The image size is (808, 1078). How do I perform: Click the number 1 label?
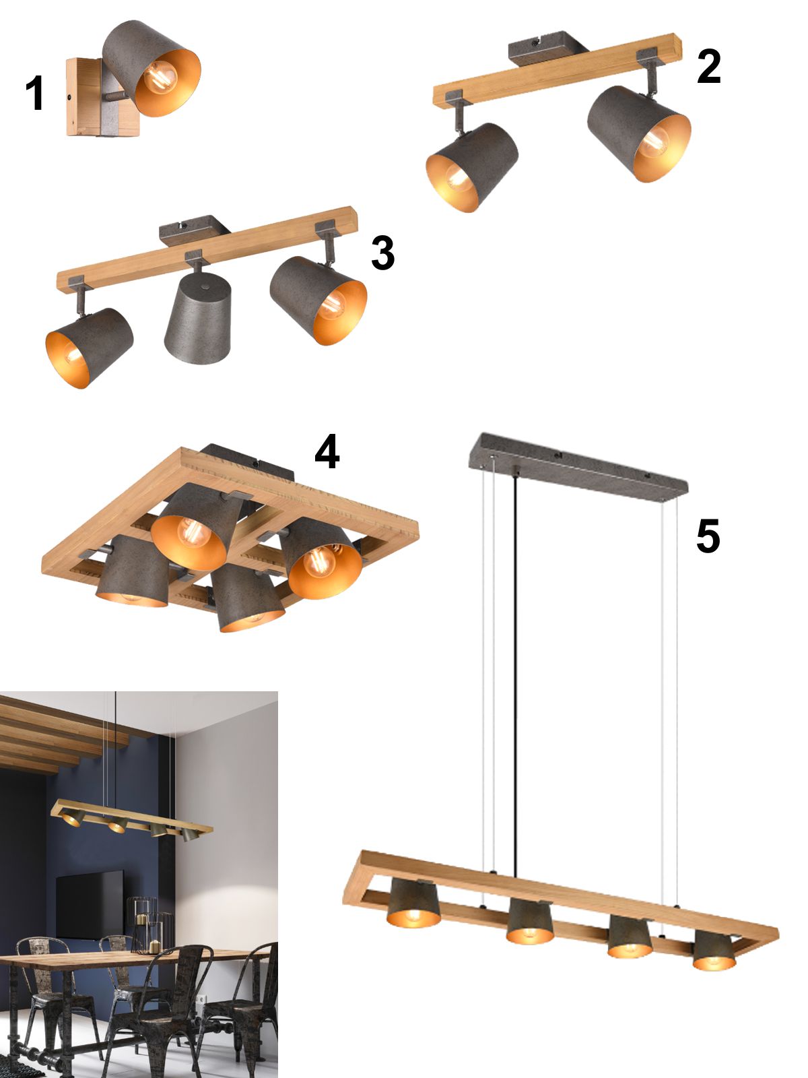(x=35, y=92)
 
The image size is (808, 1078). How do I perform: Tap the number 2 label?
(x=708, y=66)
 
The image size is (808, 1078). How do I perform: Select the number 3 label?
(x=382, y=253)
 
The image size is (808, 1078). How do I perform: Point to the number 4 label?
(x=327, y=451)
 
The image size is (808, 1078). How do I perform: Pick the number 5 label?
(x=708, y=536)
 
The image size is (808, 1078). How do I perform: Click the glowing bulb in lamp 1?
(x=160, y=77)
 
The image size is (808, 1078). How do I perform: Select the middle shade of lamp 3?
(x=198, y=317)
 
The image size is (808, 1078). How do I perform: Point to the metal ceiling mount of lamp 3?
(x=195, y=230)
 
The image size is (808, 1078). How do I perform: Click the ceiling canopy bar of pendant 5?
(x=578, y=467)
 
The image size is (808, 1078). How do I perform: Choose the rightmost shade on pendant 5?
(x=714, y=950)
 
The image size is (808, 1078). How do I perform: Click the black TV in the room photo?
(x=90, y=905)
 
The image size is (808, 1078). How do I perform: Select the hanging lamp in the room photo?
(x=131, y=820)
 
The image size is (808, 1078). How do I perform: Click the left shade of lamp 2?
(x=472, y=167)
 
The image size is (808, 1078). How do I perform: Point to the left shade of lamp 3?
(x=90, y=347)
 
